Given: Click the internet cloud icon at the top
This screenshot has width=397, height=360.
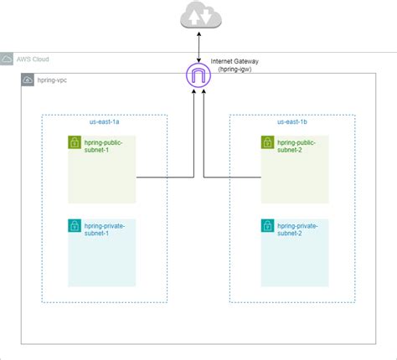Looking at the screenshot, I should [198, 17].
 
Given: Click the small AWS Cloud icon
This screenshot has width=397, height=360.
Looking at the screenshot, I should [8, 59].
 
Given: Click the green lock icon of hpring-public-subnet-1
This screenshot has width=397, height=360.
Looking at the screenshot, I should [75, 142].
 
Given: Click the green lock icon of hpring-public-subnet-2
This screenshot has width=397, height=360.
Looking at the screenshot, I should [267, 142].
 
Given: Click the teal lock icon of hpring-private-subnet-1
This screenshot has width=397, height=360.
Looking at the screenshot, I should [75, 226].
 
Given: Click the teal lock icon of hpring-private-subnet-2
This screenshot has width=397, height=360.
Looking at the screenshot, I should [267, 226].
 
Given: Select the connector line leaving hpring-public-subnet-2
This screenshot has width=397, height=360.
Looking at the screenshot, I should [232, 177].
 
